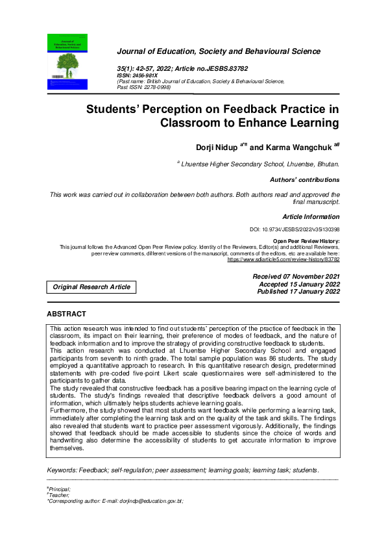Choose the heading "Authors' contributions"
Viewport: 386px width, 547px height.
[x=304, y=180]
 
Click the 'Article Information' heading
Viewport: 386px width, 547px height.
[x=311, y=216]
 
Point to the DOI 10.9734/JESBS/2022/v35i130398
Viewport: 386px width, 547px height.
[x=295, y=229]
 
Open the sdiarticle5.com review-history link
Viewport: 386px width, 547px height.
[x=283, y=259]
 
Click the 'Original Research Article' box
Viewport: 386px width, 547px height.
[x=91, y=286]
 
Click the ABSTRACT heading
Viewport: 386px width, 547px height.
[x=66, y=314]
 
